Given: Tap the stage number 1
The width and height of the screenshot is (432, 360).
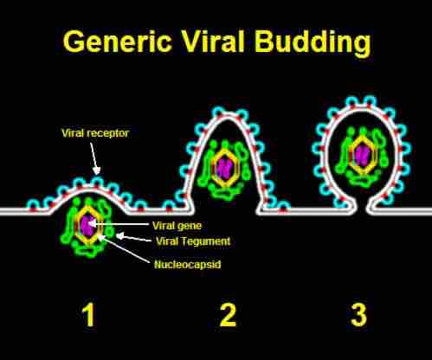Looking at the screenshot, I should pyautogui.click(x=87, y=316).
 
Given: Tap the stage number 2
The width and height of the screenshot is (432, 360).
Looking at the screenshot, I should pyautogui.click(x=228, y=316).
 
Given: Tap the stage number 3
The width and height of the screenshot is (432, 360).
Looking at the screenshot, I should pyautogui.click(x=358, y=316).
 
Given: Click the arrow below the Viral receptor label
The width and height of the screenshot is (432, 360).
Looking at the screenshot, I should pyautogui.click(x=96, y=159).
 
